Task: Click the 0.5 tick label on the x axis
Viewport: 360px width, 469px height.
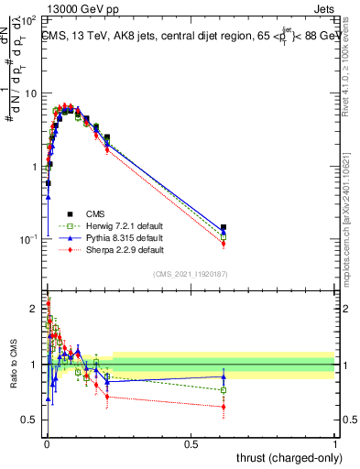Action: [191, 444]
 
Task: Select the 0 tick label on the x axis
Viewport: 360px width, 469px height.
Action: [47, 444]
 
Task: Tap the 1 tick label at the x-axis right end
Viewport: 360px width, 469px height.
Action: [335, 444]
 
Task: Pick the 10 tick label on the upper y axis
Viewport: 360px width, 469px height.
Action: [29, 93]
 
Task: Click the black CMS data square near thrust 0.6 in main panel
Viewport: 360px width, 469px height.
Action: [224, 227]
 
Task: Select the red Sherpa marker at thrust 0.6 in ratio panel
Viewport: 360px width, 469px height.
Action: [224, 407]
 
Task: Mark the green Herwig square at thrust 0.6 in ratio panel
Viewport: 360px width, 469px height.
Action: [224, 390]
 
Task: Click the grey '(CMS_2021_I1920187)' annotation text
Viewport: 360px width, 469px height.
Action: [190, 275]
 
